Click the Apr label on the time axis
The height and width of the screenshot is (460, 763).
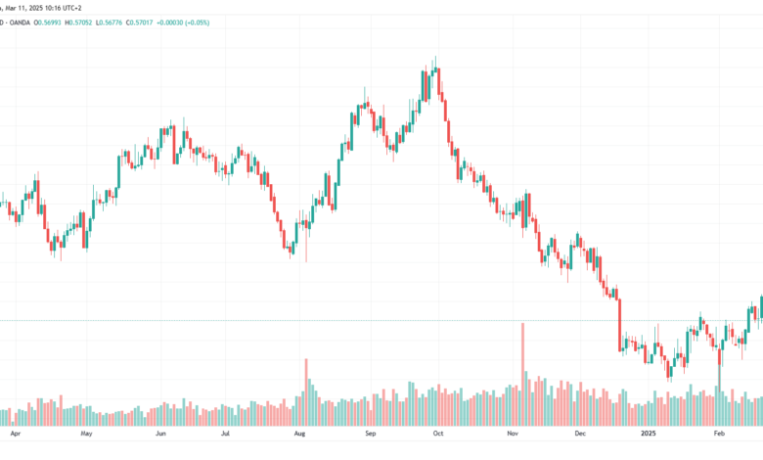pyautogui.click(x=16, y=434)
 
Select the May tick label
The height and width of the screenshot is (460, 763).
pyautogui.click(x=87, y=434)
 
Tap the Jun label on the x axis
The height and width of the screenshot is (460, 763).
pyautogui.click(x=160, y=434)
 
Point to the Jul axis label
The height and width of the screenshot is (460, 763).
pyautogui.click(x=225, y=434)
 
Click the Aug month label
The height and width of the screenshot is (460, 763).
pyautogui.click(x=299, y=434)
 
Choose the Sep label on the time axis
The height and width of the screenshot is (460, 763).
pyautogui.click(x=371, y=434)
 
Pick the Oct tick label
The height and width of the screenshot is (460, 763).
pyautogui.click(x=438, y=434)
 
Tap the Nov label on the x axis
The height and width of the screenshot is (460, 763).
pyautogui.click(x=513, y=434)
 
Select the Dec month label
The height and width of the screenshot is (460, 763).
pyautogui.click(x=580, y=434)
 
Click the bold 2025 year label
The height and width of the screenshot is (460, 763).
pyautogui.click(x=649, y=434)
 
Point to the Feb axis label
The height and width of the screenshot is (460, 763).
pyautogui.click(x=719, y=434)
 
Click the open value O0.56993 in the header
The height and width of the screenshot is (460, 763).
pyautogui.click(x=48, y=23)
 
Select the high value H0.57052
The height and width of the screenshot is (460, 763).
pyautogui.click(x=78, y=23)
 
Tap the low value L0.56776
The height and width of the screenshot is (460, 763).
pyautogui.click(x=109, y=23)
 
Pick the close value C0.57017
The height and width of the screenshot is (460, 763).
pyautogui.click(x=140, y=23)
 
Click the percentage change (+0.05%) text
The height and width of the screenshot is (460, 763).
pyautogui.click(x=196, y=23)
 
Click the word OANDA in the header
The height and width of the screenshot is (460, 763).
pyautogui.click(x=20, y=23)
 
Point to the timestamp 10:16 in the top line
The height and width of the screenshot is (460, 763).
pyautogui.click(x=50, y=8)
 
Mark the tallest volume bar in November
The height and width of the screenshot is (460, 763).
pyautogui.click(x=523, y=374)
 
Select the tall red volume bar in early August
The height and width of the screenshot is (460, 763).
pyautogui.click(x=306, y=392)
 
